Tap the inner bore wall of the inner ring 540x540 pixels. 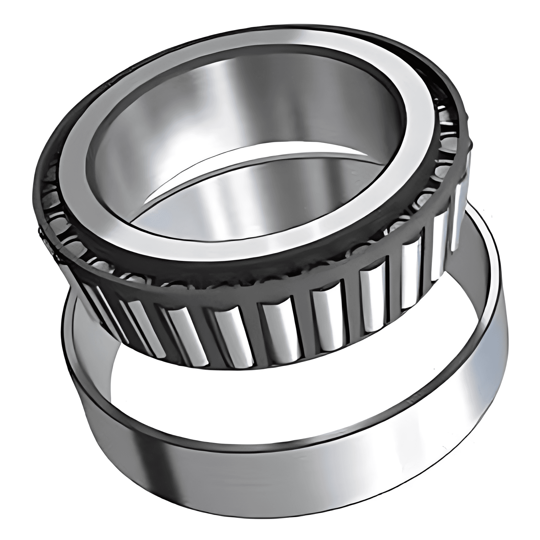click(x=225, y=106)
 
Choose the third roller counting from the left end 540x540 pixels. click(x=141, y=325)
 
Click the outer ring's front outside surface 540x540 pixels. click(x=257, y=466)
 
